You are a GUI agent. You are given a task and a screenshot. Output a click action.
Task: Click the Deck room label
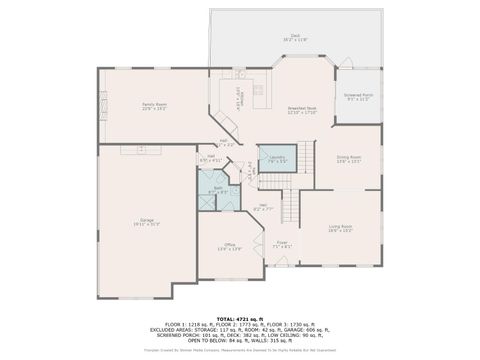(296, 34)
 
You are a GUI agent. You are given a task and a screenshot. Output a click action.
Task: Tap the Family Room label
(153, 104)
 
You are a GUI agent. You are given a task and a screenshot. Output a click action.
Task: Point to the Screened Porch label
(358, 96)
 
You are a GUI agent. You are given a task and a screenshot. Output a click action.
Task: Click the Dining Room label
(348, 157)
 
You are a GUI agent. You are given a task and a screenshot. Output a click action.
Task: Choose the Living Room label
(340, 226)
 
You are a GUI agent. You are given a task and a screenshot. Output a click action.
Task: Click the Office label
(229, 244)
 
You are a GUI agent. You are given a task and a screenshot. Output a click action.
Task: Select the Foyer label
(282, 241)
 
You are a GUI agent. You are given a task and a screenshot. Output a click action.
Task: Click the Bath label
(218, 187)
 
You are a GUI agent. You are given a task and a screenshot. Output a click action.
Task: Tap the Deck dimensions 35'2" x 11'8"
(296, 39)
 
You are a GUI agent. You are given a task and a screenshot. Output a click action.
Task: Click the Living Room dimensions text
(340, 231)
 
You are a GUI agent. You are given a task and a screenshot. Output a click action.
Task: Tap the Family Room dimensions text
(153, 109)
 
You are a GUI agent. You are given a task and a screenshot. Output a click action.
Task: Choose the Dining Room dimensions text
(348, 162)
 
